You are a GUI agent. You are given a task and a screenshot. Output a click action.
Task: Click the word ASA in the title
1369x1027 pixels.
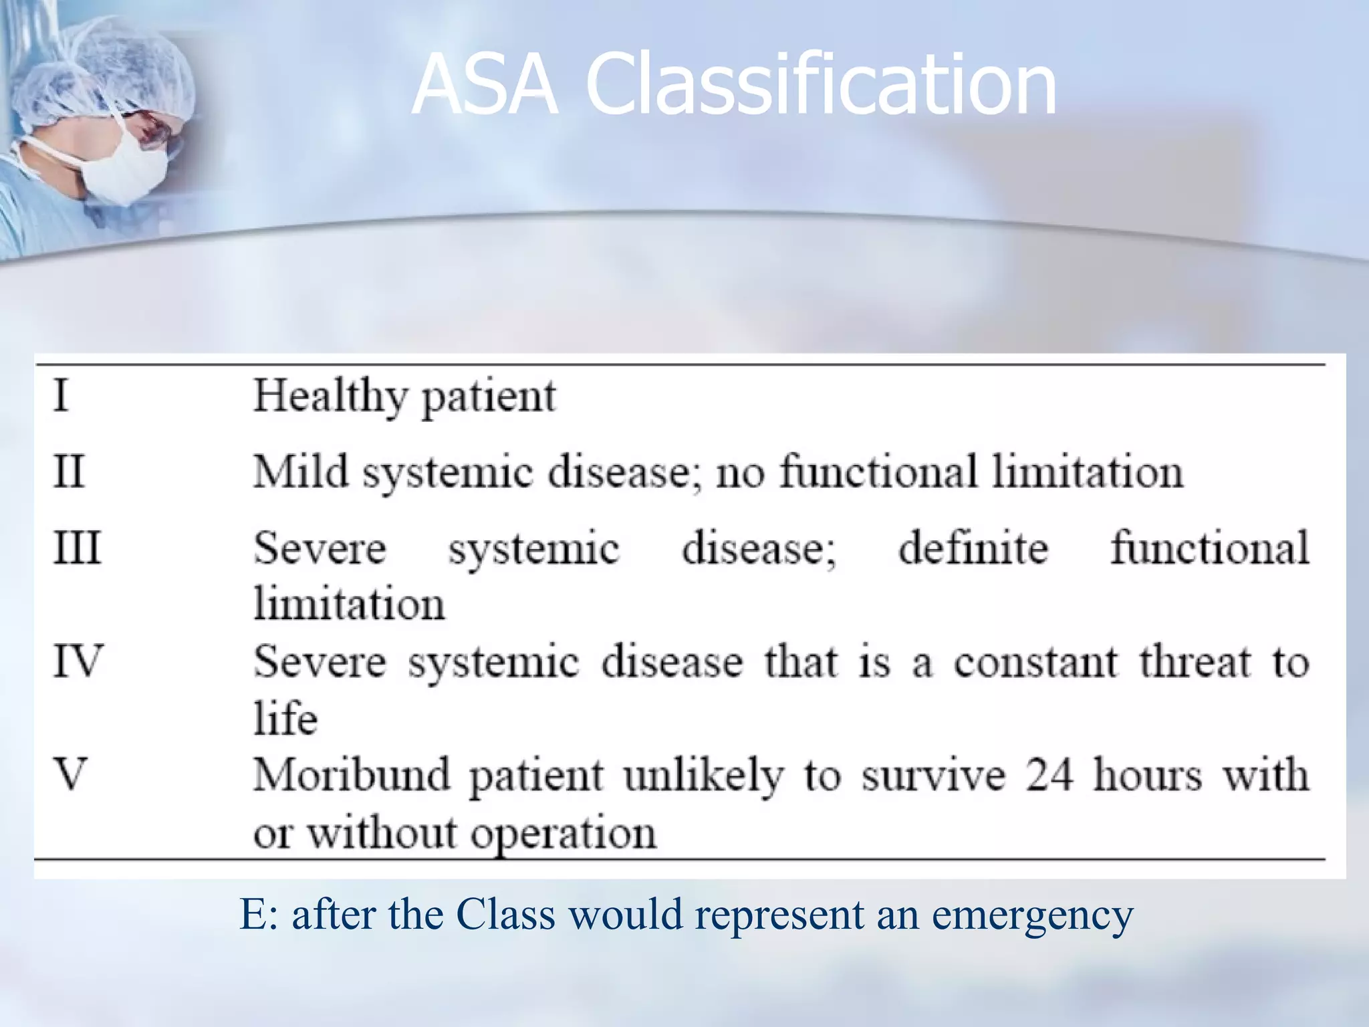[x=484, y=85]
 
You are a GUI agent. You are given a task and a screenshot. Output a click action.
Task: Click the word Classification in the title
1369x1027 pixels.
[x=821, y=85]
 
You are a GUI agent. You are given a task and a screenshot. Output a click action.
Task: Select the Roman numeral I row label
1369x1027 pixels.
[x=61, y=395]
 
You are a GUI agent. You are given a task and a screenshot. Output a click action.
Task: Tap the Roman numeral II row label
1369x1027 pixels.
[x=69, y=471]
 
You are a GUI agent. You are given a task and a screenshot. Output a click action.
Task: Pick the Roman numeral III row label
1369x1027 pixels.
[x=77, y=548]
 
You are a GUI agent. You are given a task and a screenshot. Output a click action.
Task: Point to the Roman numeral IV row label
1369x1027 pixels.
[x=78, y=661]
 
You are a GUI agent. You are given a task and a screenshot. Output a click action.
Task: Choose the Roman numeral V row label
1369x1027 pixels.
[x=70, y=775]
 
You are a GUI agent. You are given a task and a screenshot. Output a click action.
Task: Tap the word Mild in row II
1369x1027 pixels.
[x=301, y=471]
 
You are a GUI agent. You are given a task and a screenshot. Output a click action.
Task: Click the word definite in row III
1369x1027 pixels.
[x=973, y=548]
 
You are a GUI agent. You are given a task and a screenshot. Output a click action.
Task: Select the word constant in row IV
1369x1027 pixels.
[x=1035, y=663]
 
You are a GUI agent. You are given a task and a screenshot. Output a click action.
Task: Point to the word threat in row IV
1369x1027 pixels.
[x=1195, y=663]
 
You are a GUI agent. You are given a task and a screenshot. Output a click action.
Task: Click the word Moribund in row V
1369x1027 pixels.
[x=352, y=776]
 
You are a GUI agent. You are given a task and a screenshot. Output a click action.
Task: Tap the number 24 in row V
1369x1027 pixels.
[x=1050, y=776]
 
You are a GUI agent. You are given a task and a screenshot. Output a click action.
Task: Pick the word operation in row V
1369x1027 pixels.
[x=564, y=834]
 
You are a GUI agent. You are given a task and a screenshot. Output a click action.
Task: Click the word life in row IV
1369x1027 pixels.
[x=285, y=719]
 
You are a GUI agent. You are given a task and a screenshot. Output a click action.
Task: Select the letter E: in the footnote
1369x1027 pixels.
[x=258, y=915]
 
